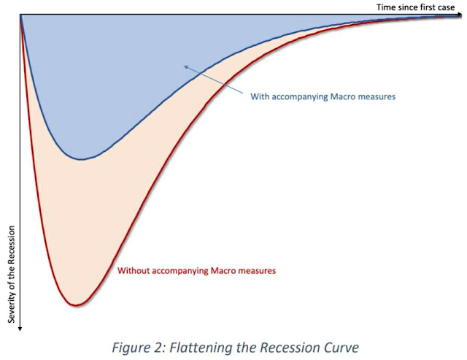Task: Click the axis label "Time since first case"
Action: click(415, 7)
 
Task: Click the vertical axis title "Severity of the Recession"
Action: click(12, 274)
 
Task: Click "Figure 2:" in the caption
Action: click(139, 348)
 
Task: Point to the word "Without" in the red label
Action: click(134, 271)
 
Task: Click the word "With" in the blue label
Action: click(260, 96)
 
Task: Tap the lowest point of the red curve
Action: click(76, 305)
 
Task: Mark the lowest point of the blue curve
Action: click(80, 160)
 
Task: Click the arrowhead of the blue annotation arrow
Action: click(186, 67)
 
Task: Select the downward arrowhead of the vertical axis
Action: click(20, 329)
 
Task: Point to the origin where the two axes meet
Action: click(20, 15)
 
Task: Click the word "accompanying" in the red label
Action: click(180, 271)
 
